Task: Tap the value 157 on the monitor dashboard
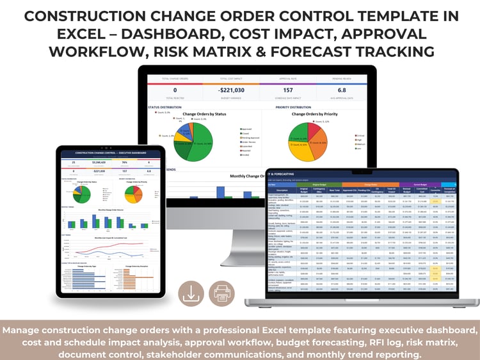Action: pos(287,90)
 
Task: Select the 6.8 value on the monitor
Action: pos(341,90)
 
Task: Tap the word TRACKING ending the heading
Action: pos(387,50)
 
